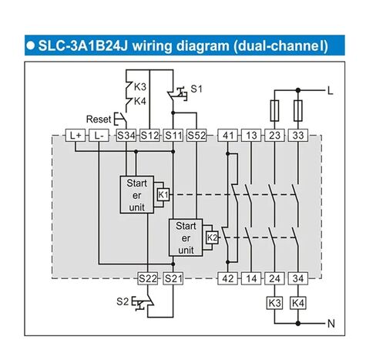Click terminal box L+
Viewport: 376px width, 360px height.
(76, 135)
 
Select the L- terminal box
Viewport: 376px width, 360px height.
(99, 135)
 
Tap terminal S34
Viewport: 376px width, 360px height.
(126, 135)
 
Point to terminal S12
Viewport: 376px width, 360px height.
(149, 135)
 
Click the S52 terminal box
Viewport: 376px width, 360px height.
(196, 135)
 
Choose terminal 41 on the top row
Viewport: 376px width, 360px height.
(228, 135)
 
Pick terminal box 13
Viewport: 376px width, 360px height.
(251, 135)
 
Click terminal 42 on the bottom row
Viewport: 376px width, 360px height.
(228, 278)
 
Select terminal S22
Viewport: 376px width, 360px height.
(148, 278)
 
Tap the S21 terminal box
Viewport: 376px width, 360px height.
(173, 278)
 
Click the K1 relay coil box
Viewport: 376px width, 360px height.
(163, 195)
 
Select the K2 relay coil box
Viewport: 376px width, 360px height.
(213, 237)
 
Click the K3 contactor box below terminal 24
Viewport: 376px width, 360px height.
(274, 303)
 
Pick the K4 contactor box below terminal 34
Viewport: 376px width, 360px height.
(298, 303)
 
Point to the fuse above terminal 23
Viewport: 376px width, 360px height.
(274, 110)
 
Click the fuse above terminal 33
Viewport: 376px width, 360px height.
(298, 110)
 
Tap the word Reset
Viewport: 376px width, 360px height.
(99, 119)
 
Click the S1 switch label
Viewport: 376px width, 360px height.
(196, 89)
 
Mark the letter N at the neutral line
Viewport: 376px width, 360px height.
(331, 324)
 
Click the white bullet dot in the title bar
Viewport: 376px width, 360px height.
(31, 45)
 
